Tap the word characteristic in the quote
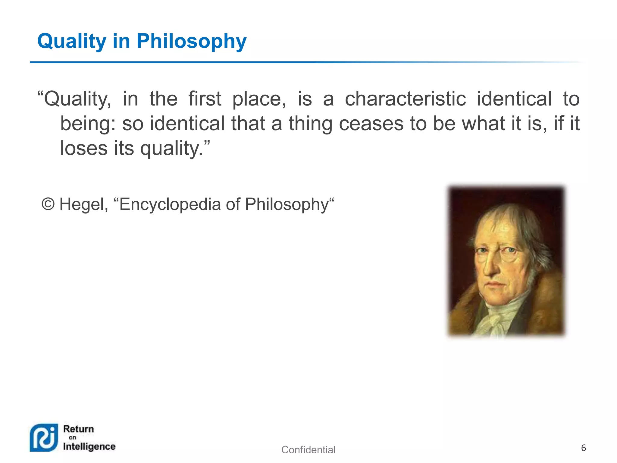click(405, 99)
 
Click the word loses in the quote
click(84, 148)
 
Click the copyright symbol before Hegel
click(48, 204)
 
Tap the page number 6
click(583, 448)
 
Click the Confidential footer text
click(308, 450)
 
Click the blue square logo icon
click(44, 438)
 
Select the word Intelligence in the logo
click(89, 446)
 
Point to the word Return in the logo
click(79, 429)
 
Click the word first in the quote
click(205, 99)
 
